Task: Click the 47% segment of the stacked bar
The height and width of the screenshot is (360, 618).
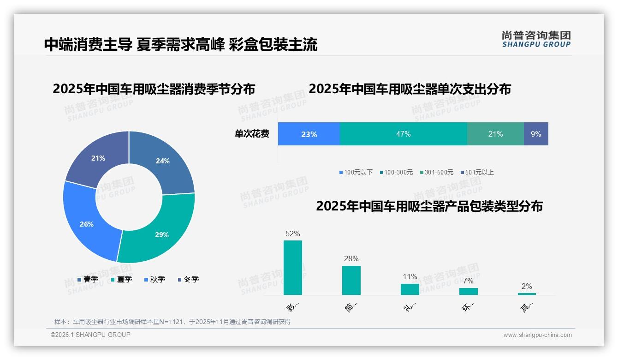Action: click(403, 134)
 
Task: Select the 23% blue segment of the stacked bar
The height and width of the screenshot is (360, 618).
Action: click(309, 134)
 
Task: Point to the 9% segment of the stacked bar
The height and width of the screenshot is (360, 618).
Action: click(536, 134)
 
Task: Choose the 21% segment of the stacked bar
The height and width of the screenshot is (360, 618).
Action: click(495, 134)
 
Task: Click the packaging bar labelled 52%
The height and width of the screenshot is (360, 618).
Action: click(292, 268)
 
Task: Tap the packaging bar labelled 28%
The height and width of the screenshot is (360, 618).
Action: click(351, 280)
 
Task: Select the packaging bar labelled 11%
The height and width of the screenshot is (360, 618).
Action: click(410, 289)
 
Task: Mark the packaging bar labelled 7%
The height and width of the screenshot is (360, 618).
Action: click(468, 291)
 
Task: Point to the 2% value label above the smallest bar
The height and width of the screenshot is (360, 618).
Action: click(527, 286)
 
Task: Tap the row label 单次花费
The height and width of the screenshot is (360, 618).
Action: click(252, 134)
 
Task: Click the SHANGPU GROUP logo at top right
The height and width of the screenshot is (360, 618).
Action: click(536, 39)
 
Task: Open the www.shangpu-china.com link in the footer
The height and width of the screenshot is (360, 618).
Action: click(537, 335)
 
